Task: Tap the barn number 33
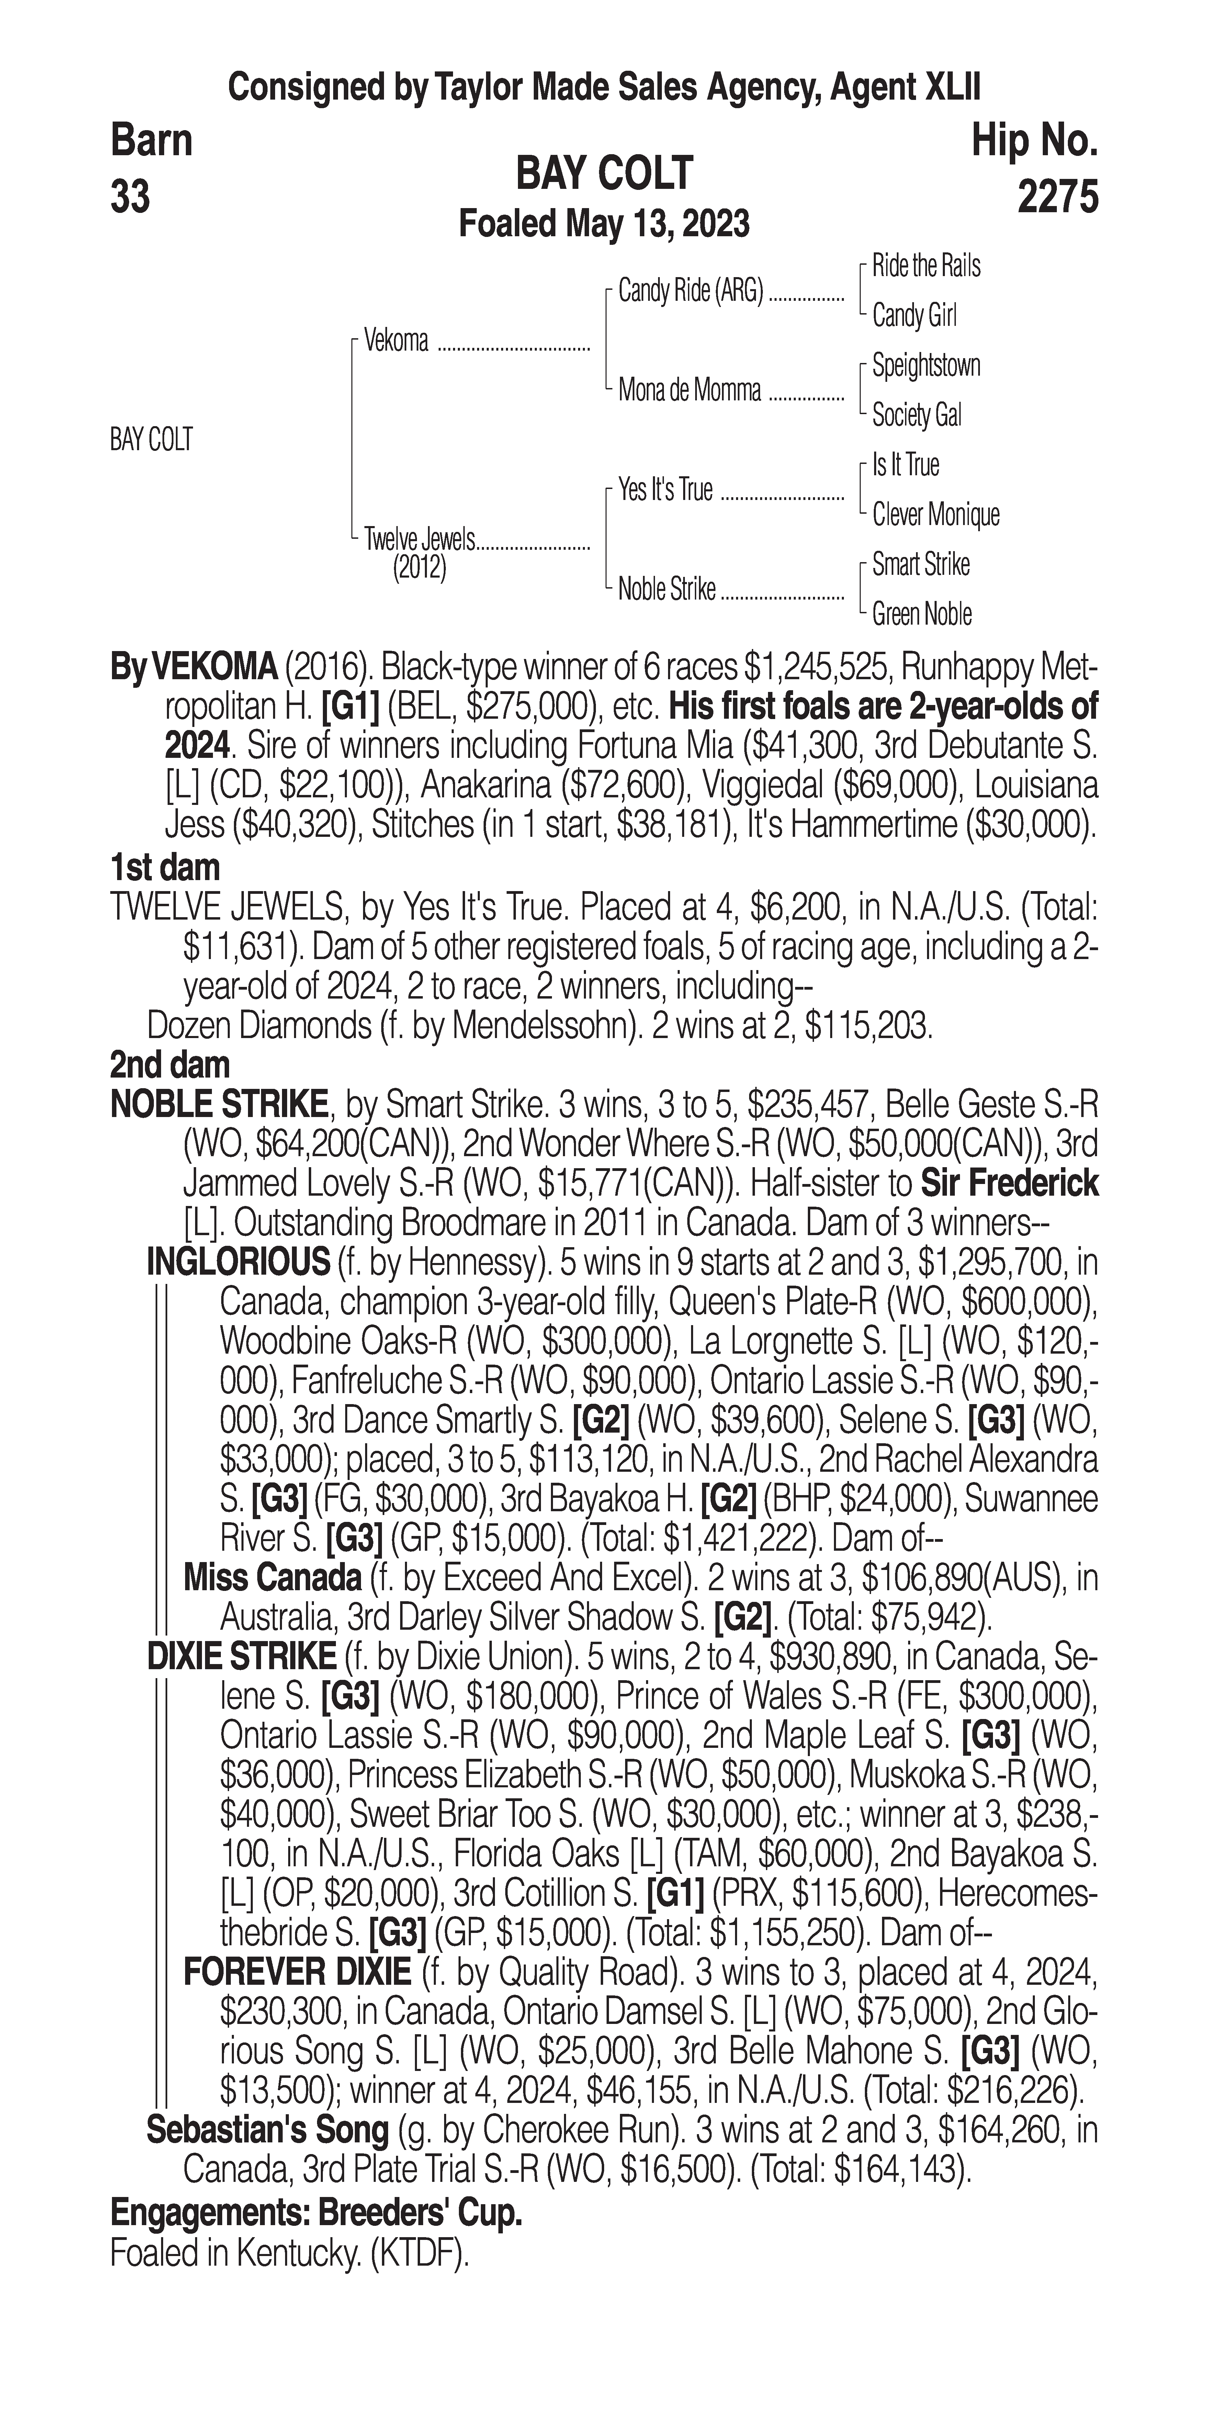(130, 198)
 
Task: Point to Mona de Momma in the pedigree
(690, 391)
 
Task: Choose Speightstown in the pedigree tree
(925, 365)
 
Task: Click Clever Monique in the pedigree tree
(935, 514)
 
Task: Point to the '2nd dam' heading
(170, 1064)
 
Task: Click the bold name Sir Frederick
(1009, 1184)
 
